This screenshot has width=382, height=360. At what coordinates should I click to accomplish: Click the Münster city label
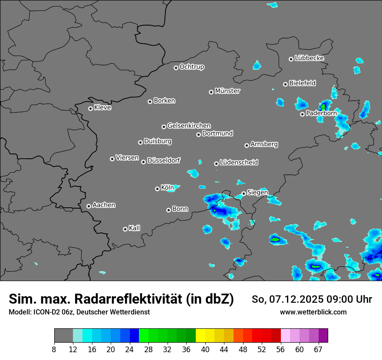(227, 91)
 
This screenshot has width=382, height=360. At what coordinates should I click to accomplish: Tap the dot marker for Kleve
(90, 108)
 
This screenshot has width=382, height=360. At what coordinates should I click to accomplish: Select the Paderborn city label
(321, 114)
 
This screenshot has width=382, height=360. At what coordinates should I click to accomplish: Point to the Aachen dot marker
(89, 206)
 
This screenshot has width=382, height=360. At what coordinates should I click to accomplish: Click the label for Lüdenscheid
(239, 163)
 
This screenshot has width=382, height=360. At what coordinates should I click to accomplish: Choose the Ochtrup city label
(192, 67)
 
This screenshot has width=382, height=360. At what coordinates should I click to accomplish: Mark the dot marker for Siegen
(244, 193)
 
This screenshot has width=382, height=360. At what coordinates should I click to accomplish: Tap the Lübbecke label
(309, 58)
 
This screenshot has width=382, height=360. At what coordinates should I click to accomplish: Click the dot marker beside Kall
(125, 229)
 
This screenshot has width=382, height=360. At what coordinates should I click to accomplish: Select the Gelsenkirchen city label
(189, 126)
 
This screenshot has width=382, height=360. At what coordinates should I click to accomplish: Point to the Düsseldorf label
(164, 160)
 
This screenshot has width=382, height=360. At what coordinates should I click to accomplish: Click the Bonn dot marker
(168, 210)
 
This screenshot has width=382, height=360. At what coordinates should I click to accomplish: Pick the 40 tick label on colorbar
(205, 350)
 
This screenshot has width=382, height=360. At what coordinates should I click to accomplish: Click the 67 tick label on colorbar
(318, 350)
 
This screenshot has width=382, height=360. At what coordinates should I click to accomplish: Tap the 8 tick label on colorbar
(54, 350)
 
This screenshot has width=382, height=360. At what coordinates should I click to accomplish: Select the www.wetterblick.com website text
(313, 312)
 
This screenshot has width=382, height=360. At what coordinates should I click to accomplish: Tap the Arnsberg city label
(264, 144)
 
